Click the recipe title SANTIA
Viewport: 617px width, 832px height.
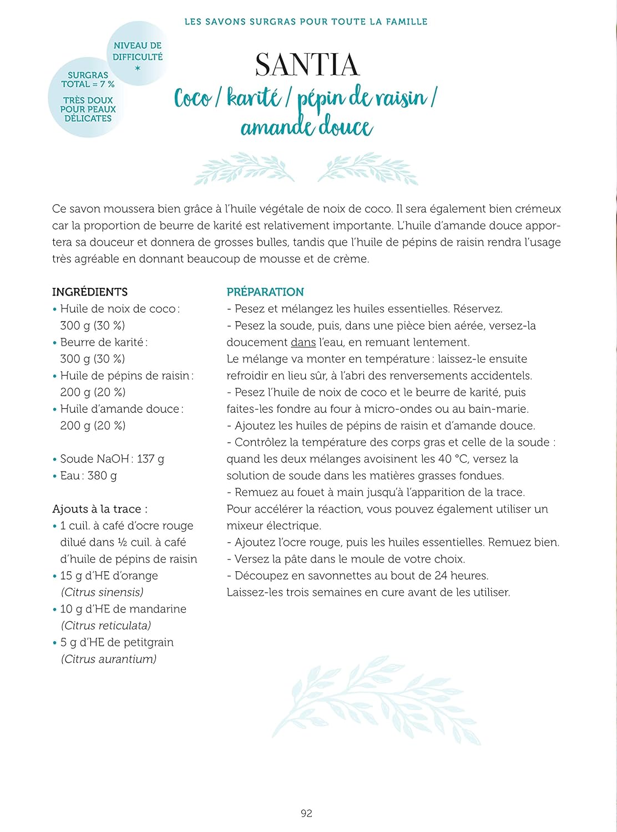tap(307, 65)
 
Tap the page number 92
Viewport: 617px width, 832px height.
tap(306, 813)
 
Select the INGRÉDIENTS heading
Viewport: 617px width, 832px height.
tap(90, 292)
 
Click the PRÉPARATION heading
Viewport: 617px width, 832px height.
tap(265, 292)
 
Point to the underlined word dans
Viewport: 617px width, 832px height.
tap(303, 342)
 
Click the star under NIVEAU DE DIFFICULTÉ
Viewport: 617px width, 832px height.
tap(138, 68)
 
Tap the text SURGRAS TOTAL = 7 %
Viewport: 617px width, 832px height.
tap(88, 79)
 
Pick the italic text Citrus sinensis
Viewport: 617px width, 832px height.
tap(102, 592)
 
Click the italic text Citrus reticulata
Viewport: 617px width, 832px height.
tap(106, 625)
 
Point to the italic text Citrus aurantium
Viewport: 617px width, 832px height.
tap(109, 659)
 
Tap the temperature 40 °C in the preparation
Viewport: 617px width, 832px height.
tap(452, 459)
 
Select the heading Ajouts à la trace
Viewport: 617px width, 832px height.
tap(100, 509)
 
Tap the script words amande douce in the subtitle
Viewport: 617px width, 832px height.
tap(306, 126)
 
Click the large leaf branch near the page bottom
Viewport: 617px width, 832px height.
tap(376, 700)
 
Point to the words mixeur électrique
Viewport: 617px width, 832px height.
tap(274, 525)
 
